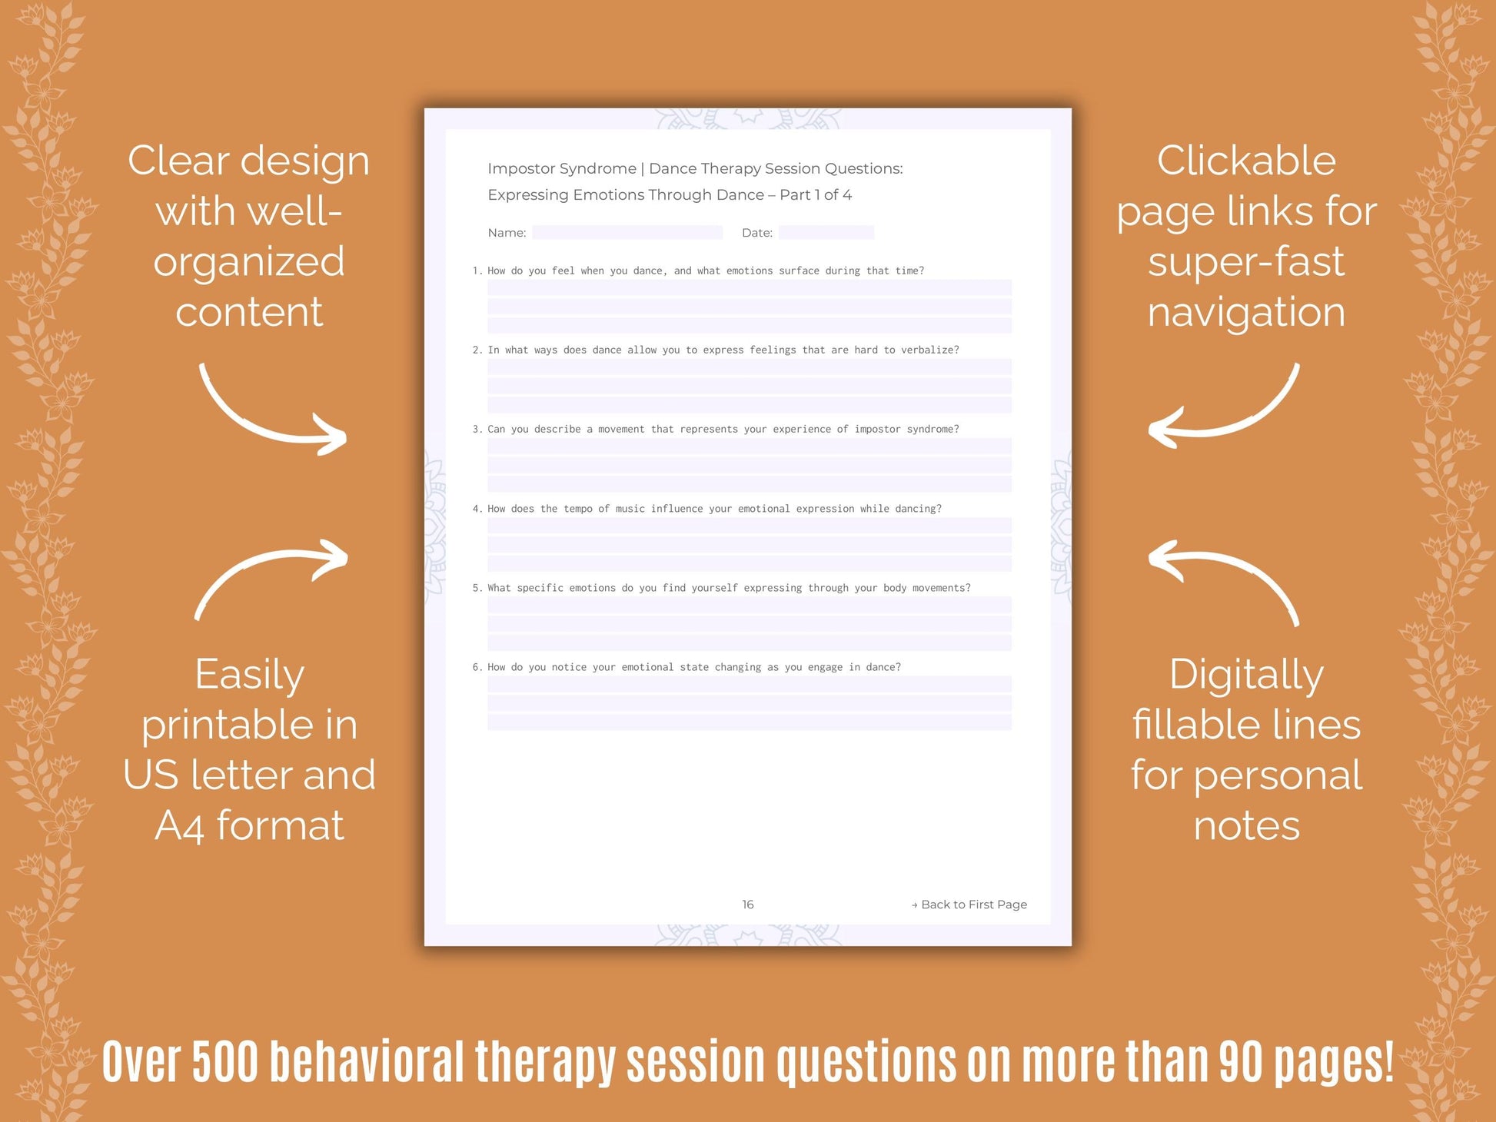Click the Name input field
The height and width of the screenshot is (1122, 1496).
pos(627,233)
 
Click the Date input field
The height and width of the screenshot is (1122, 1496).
pos(826,233)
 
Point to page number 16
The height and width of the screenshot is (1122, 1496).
pos(747,905)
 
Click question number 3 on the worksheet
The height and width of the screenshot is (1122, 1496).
pos(477,430)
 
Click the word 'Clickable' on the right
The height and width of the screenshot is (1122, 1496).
pos(1246,161)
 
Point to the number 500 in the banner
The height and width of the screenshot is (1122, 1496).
pos(224,1061)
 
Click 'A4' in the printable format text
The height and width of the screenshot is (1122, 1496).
pos(179,827)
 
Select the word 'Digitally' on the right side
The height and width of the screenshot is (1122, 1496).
pos(1246,676)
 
